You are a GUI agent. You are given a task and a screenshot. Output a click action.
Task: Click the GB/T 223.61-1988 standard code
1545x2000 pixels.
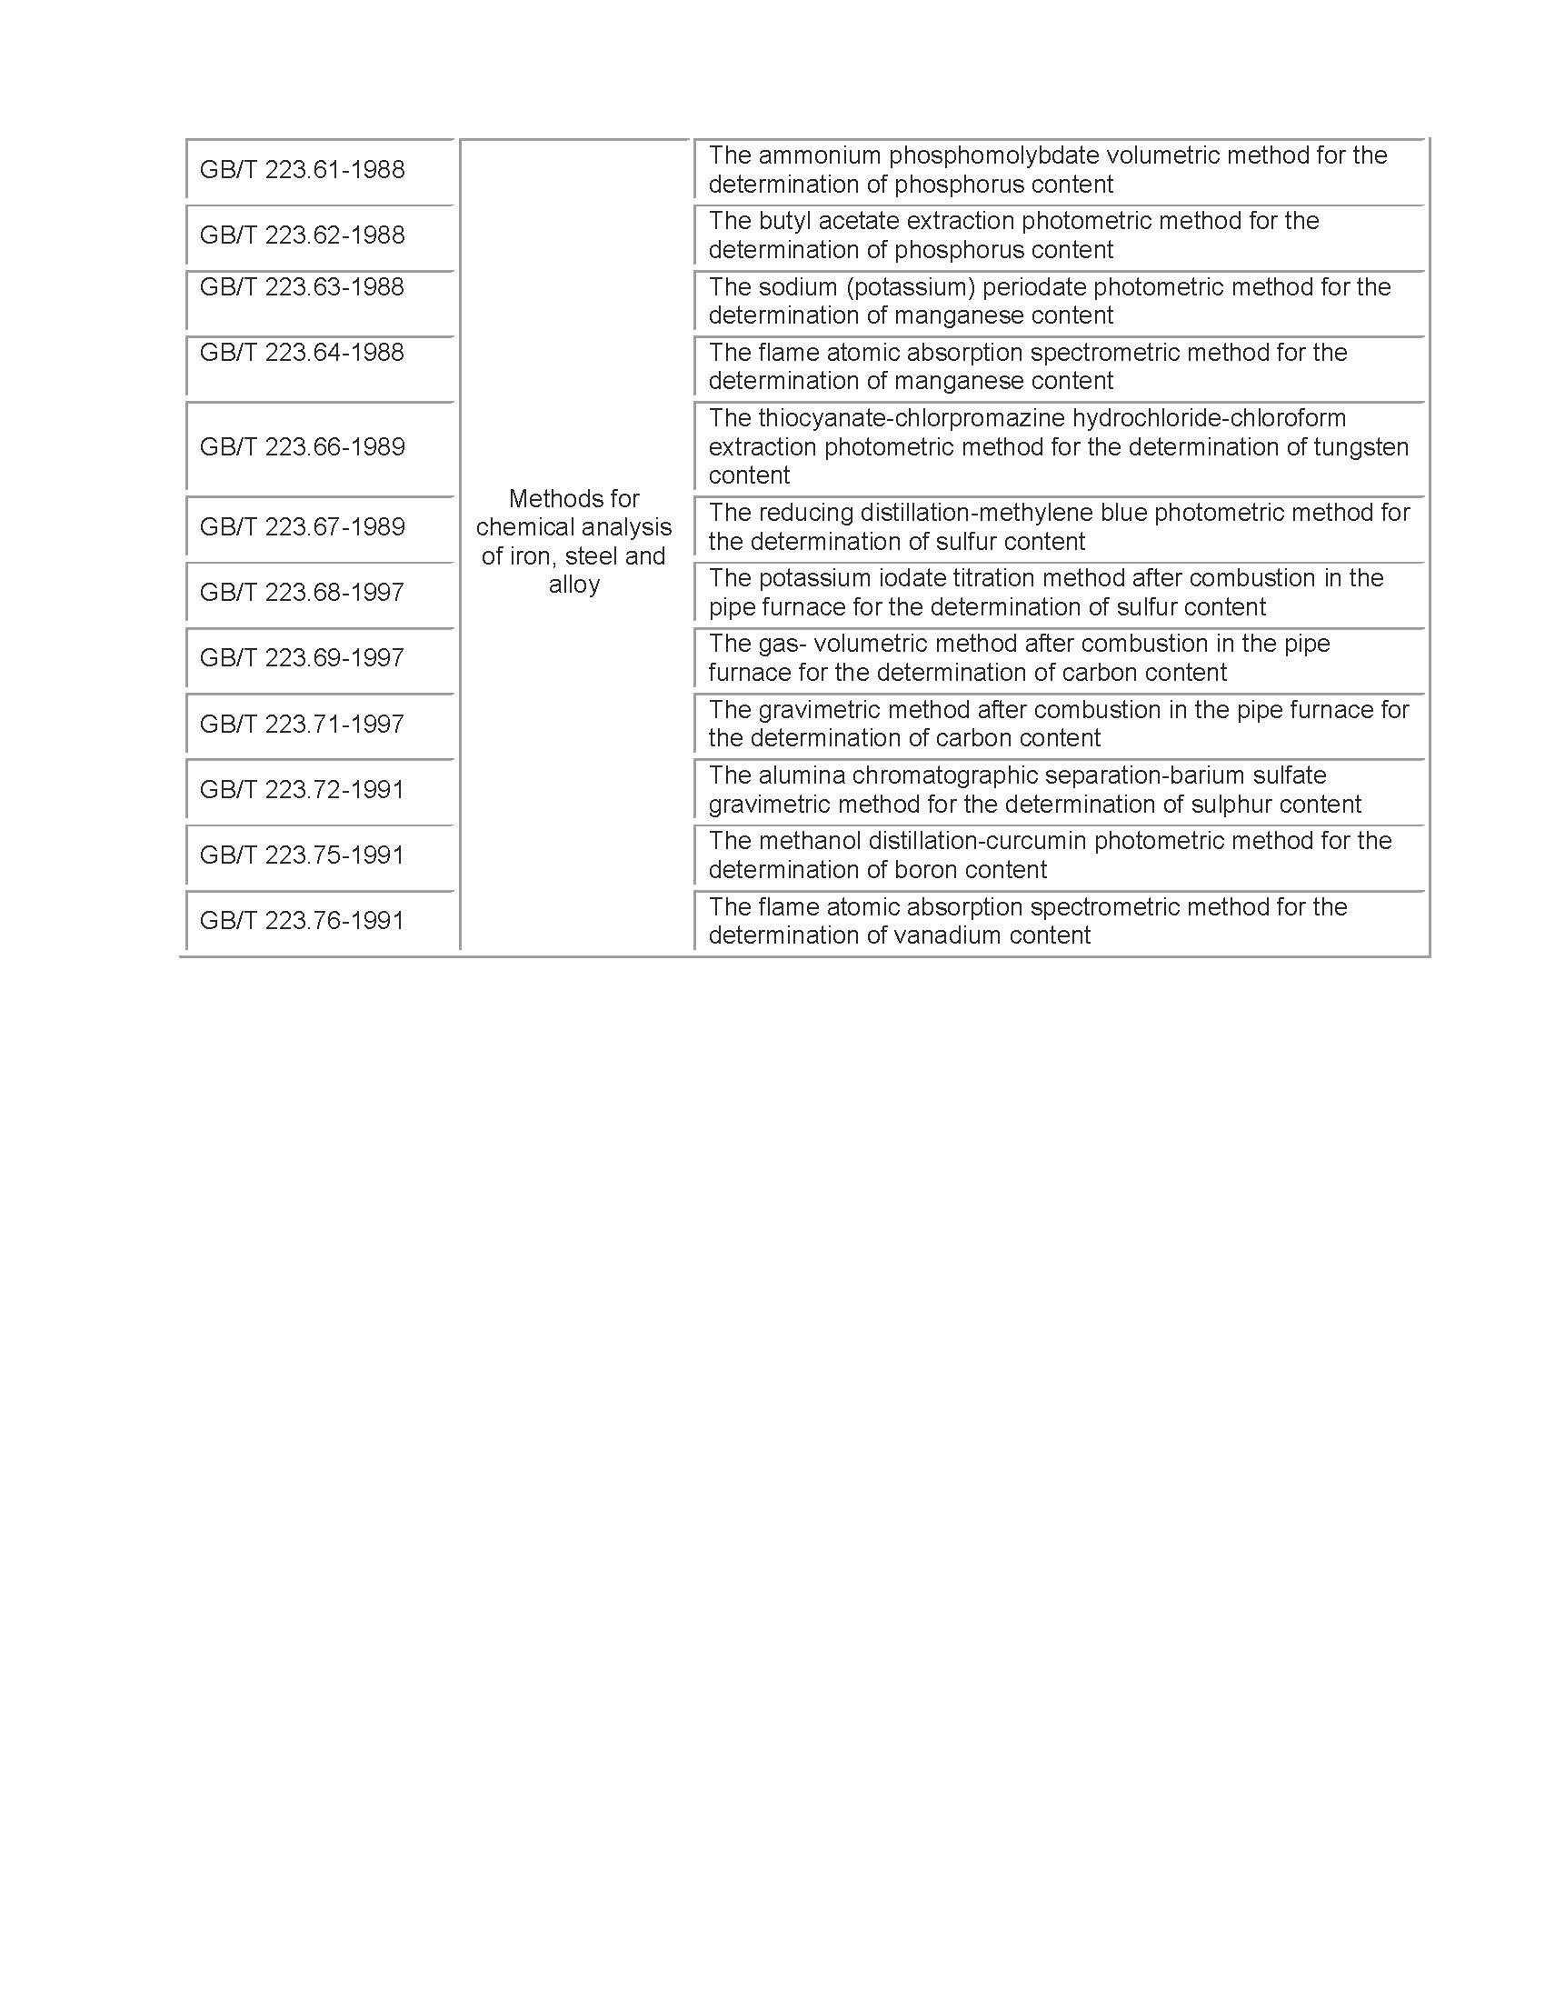[301, 169]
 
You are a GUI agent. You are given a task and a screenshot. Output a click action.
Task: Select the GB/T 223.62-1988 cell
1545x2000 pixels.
[301, 235]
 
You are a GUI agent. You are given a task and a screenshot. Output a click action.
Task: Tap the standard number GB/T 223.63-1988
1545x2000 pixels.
[301, 287]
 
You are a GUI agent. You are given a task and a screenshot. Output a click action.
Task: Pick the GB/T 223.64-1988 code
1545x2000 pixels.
[301, 353]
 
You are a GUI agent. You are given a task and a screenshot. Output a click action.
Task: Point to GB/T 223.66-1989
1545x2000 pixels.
[301, 447]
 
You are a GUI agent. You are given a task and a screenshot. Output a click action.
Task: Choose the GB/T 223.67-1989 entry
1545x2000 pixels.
[301, 526]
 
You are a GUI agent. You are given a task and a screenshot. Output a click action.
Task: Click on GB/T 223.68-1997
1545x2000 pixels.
[301, 593]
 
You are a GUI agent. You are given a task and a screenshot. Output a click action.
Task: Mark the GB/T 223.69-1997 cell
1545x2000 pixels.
[301, 657]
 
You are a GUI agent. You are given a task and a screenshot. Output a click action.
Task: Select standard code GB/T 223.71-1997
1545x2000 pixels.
[301, 725]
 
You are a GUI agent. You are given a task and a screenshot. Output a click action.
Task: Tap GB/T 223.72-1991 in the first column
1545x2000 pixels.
[301, 789]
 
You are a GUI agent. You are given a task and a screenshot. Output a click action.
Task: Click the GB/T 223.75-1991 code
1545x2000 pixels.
[301, 855]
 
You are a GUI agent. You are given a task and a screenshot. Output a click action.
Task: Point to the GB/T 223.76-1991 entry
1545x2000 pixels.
[301, 920]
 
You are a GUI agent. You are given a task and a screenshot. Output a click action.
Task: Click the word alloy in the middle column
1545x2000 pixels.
[573, 585]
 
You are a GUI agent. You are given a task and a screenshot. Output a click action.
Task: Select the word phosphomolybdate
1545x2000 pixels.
[993, 155]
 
